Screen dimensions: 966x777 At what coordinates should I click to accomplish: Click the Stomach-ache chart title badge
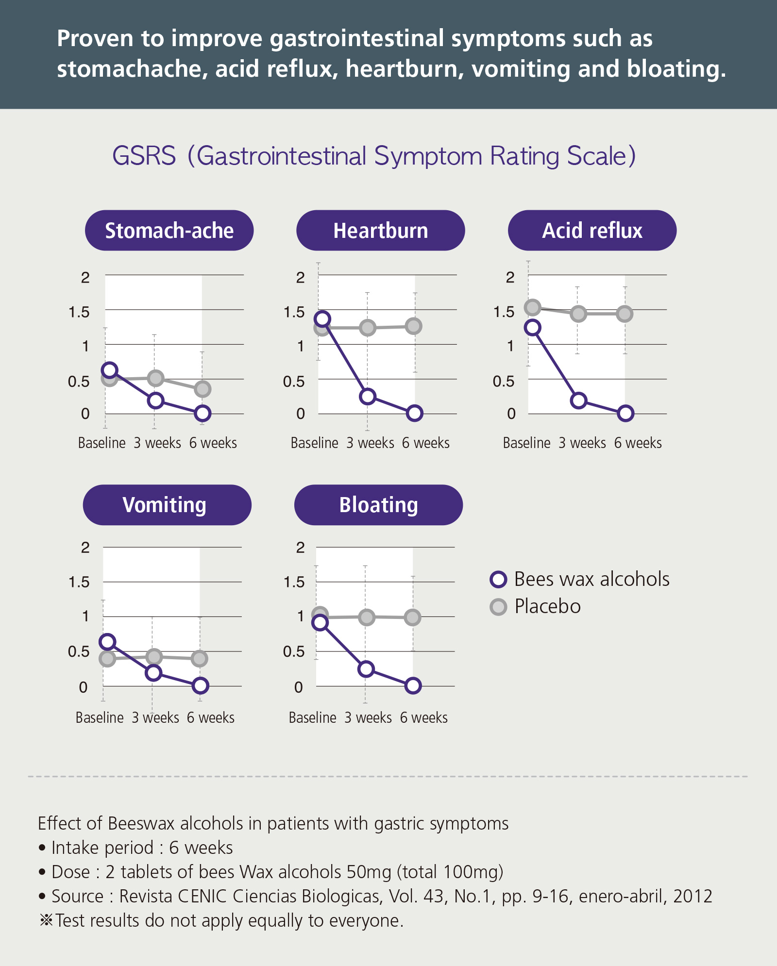pyautogui.click(x=169, y=231)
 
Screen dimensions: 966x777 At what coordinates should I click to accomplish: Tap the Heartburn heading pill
pyautogui.click(x=380, y=231)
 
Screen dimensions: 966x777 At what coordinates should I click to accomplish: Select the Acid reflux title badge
pyautogui.click(x=592, y=231)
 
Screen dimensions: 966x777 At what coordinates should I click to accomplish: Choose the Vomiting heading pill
pyautogui.click(x=167, y=505)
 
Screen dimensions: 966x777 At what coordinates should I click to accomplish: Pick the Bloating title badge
pyautogui.click(x=378, y=505)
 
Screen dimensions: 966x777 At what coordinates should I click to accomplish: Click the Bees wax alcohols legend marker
pyautogui.click(x=499, y=580)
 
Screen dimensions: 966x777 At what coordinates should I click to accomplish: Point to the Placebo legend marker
pyautogui.click(x=499, y=607)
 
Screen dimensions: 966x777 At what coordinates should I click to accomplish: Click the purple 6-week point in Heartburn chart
pyautogui.click(x=414, y=413)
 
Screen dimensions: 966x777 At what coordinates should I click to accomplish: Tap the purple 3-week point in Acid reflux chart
pyautogui.click(x=578, y=400)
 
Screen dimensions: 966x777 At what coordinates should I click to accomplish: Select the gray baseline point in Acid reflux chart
pyautogui.click(x=533, y=307)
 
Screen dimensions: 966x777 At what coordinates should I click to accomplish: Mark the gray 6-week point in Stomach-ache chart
pyautogui.click(x=202, y=389)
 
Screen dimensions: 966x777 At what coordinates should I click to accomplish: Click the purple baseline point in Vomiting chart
pyautogui.click(x=107, y=642)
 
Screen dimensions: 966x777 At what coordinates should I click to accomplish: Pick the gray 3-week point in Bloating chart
pyautogui.click(x=367, y=617)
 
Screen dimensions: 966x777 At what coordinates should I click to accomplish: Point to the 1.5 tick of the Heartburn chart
pyautogui.click(x=294, y=312)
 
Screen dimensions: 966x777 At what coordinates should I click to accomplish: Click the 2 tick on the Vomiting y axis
pyautogui.click(x=85, y=548)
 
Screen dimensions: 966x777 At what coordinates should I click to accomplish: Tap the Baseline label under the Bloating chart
pyautogui.click(x=312, y=717)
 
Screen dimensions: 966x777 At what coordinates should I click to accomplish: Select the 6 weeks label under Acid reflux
pyautogui.click(x=638, y=443)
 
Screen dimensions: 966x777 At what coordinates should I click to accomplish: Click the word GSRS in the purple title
pyautogui.click(x=144, y=156)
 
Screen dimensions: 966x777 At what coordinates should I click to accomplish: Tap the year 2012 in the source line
pyautogui.click(x=693, y=896)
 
